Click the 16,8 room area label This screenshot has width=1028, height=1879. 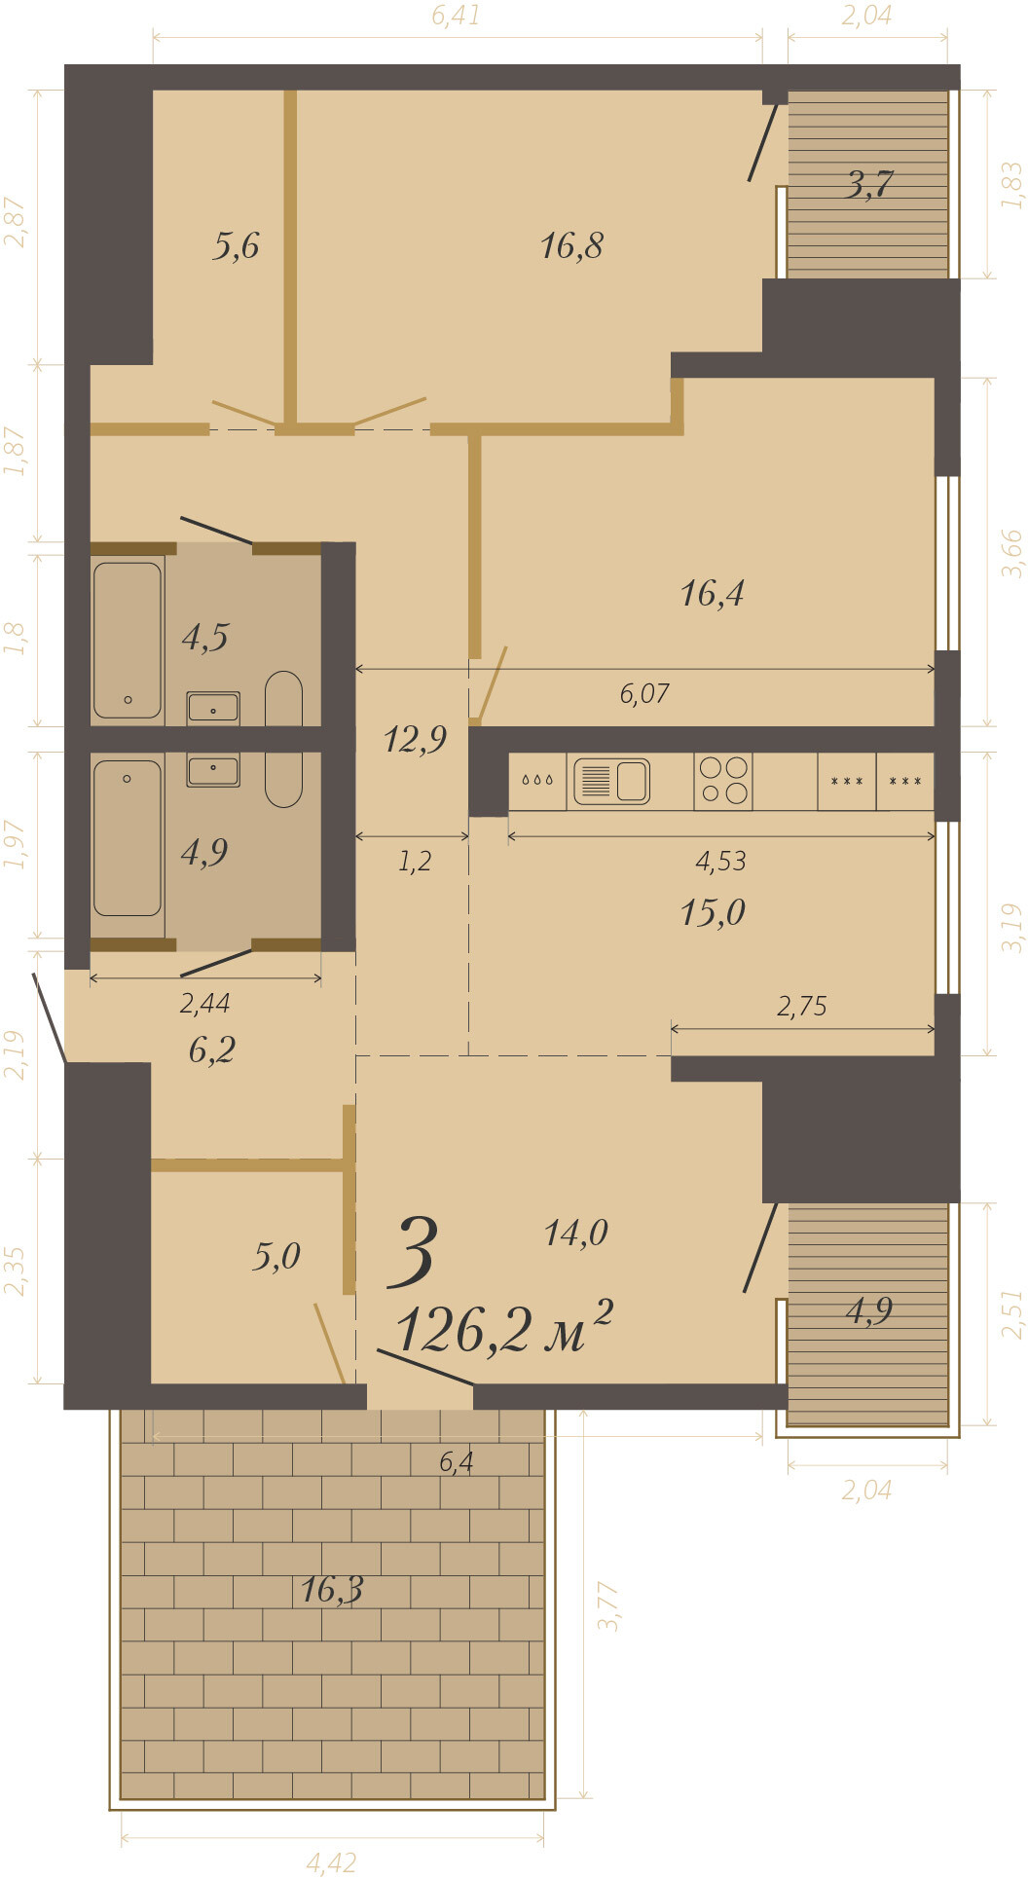pos(571,245)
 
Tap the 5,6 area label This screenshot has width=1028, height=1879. pos(236,245)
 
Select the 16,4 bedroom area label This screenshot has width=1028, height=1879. pos(712,593)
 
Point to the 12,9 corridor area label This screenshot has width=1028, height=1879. pos(415,739)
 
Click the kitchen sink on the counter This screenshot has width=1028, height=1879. pos(611,781)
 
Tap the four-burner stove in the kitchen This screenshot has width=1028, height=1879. pos(723,781)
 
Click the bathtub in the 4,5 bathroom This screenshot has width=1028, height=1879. pos(128,640)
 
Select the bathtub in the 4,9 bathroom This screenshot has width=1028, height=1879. pos(128,838)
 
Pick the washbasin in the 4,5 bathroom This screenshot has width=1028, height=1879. pos(213,707)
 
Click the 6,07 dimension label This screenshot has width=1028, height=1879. pos(644,693)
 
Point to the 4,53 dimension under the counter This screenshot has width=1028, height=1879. pos(720,861)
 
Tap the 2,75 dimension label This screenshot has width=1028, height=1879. pos(802,1006)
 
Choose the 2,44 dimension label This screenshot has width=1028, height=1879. pos(204,1003)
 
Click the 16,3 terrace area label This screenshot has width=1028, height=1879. pos(332,1590)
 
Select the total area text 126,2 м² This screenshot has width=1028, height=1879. pos(504,1327)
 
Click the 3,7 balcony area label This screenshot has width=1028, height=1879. pos(869,184)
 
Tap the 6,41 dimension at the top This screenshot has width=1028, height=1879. pos(456,16)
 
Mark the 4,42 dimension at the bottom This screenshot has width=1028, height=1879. pos(331,1862)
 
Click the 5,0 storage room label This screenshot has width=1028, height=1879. pos(276,1256)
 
